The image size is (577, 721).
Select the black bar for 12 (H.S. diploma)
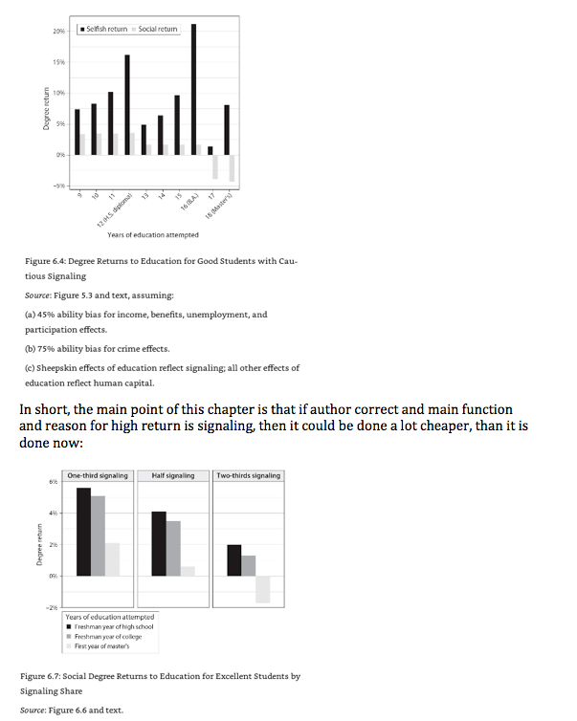(127, 104)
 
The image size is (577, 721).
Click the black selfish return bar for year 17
(210, 150)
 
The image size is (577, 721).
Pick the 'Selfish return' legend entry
(104, 30)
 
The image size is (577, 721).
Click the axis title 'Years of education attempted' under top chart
(153, 234)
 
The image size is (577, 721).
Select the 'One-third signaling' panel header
(99, 475)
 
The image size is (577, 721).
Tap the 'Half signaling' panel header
(172, 475)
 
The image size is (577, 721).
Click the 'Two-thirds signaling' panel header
(248, 475)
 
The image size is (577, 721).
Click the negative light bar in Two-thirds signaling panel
(262, 588)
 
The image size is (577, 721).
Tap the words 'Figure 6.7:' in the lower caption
(42, 676)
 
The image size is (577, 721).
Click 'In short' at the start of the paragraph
(43, 409)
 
